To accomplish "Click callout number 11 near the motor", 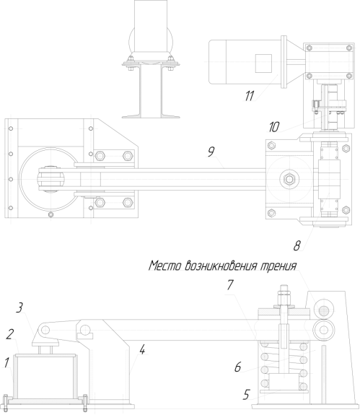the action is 249,95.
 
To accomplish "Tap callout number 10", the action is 273,127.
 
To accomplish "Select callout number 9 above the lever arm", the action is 211,152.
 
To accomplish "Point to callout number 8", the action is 297,246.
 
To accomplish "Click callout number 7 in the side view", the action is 230,285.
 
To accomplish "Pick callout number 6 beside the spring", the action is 238,367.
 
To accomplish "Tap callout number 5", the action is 246,395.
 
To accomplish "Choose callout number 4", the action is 142,350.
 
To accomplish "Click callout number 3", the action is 19,308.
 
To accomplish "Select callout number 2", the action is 10,335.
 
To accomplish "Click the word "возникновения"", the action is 221,266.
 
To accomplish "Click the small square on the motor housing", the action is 263,64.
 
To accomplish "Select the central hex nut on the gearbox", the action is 289,180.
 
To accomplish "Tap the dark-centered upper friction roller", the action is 324,310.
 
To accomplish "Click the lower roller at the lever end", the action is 323,330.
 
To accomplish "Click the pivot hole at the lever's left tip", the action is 45,330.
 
